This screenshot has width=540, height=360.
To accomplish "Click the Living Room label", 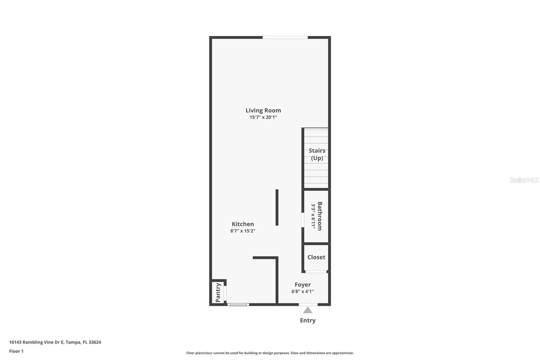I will pyautogui.click(x=263, y=110).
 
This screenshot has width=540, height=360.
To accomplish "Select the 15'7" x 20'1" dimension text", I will pyautogui.click(x=263, y=118).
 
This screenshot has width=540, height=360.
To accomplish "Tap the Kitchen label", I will pyautogui.click(x=243, y=224).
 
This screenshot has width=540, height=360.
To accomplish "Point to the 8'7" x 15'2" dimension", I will pyautogui.click(x=243, y=231).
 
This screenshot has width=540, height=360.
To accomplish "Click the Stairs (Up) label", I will pyautogui.click(x=317, y=154).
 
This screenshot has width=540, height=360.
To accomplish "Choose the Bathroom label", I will pyautogui.click(x=320, y=216).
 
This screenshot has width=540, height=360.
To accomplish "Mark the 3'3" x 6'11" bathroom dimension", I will pyautogui.click(x=313, y=216).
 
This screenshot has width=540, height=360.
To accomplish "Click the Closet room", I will pyautogui.click(x=316, y=257).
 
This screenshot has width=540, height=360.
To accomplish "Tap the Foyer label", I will pyautogui.click(x=302, y=285).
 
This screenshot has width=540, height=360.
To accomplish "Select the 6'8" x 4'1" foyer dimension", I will pyautogui.click(x=302, y=291).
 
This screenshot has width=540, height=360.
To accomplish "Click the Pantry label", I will pyautogui.click(x=218, y=292).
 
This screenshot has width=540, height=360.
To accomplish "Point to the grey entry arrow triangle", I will pyautogui.click(x=307, y=310).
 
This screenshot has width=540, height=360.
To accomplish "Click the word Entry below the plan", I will pyautogui.click(x=307, y=320).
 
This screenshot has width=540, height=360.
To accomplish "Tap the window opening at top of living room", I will pyautogui.click(x=285, y=37).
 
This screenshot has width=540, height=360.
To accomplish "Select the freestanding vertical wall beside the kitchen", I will pyautogui.click(x=277, y=207).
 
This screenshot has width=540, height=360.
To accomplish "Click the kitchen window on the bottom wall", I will pyautogui.click(x=238, y=305).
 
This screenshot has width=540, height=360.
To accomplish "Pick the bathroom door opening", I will pyautogui.click(x=303, y=220).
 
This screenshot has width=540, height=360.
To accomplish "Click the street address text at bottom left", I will pyautogui.click(x=55, y=342).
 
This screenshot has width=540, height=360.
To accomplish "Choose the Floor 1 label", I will pyautogui.click(x=16, y=351).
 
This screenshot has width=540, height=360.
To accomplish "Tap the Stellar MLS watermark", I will pyautogui.click(x=524, y=180).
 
